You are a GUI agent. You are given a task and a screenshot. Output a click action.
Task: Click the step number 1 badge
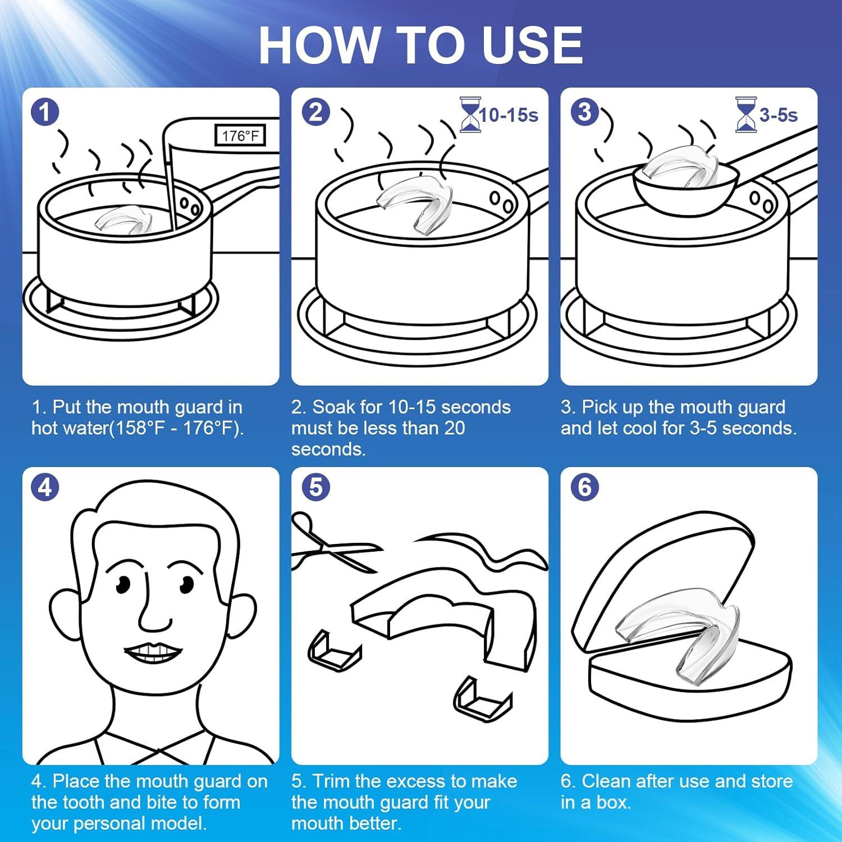45,112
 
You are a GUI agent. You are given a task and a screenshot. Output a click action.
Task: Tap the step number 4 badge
45,487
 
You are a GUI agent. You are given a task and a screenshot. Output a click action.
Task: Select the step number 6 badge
584,487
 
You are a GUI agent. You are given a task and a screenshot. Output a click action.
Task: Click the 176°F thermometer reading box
240,136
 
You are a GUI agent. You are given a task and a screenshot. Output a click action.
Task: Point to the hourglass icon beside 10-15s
469,115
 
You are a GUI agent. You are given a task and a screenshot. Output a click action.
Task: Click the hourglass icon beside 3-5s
745,115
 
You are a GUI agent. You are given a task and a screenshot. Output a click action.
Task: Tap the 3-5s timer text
778,115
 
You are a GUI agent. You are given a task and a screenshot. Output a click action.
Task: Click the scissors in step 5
331,543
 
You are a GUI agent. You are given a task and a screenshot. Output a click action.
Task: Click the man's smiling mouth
153,651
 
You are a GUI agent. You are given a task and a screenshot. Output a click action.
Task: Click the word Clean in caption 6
606,781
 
